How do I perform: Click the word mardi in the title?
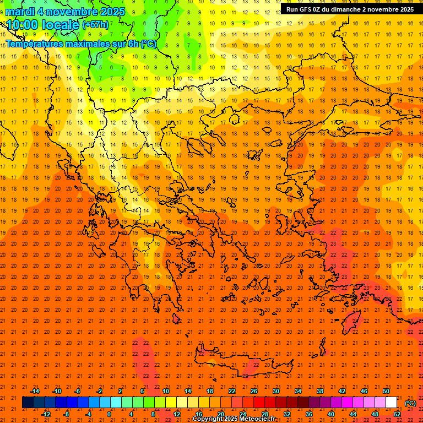pyautogui.click(x=18, y=12)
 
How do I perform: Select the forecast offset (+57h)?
pyautogui.click(x=95, y=25)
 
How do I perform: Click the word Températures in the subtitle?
pyautogui.click(x=34, y=44)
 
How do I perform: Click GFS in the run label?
pyautogui.click(x=307, y=9)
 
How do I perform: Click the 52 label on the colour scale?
pyautogui.click(x=397, y=414)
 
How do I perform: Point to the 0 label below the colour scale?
pyautogui.click(x=109, y=414)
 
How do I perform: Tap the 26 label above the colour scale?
pyautogui.click(x=254, y=391)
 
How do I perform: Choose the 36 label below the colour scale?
pyautogui.click(x=309, y=414)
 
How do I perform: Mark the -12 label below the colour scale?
pyautogui.click(x=46, y=414)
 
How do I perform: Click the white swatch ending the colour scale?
pyautogui.click(x=391, y=403)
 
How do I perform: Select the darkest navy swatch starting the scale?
pyautogui.click(x=28, y=403)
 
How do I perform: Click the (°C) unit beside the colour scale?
pyautogui.click(x=410, y=403)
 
